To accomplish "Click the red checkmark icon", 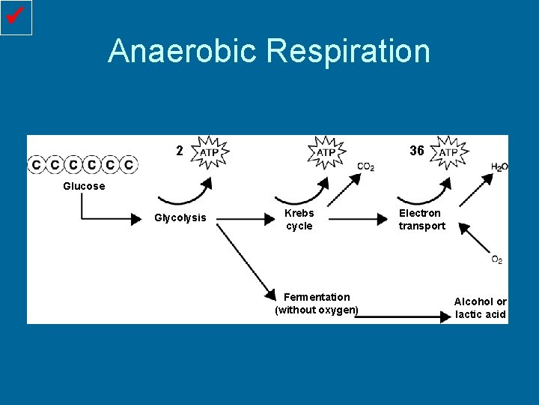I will [16, 17].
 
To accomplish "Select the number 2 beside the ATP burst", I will [180, 151].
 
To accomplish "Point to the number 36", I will [417, 151].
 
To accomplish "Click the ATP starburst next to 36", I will [448, 152].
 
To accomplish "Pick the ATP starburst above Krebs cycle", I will [326, 152].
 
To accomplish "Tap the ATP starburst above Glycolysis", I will [210, 152].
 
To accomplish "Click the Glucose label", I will [84, 186].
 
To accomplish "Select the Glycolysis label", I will [180, 218].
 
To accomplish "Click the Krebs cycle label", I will [299, 219].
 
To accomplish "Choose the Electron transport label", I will [421, 219].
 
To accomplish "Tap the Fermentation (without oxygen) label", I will [317, 304].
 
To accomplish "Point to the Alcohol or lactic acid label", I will [481, 307].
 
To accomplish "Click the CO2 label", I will [366, 166].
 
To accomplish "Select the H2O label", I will [499, 166].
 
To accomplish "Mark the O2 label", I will [497, 259].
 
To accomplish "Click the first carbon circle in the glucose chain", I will [36, 164].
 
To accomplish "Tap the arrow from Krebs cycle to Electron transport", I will [356, 219].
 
